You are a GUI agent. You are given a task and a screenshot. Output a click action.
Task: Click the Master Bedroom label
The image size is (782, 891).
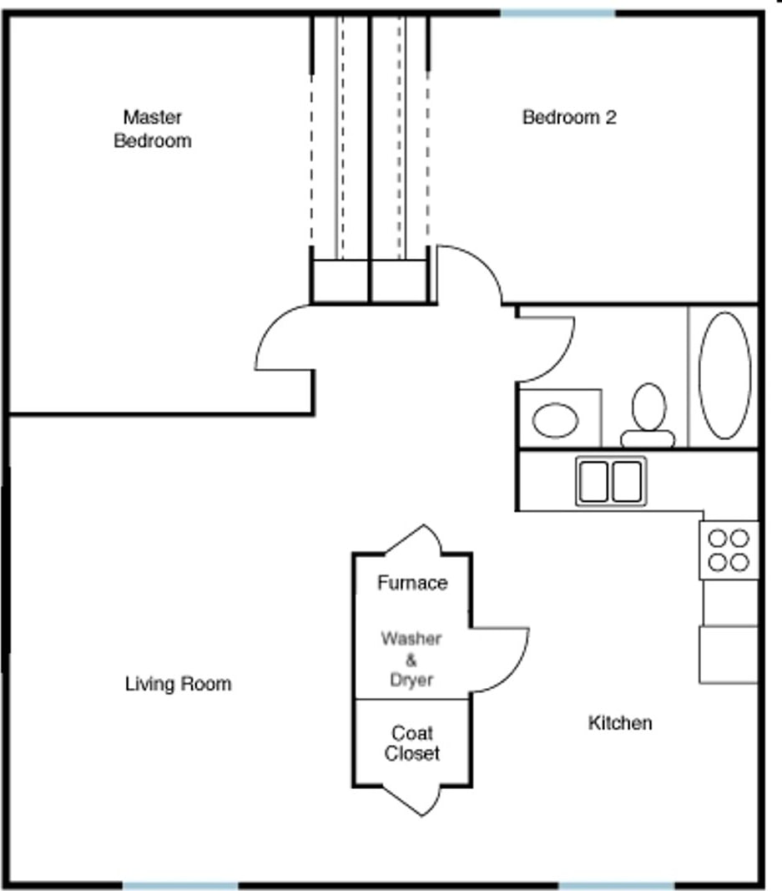(152, 129)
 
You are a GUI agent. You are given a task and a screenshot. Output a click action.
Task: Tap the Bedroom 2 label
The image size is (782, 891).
(568, 118)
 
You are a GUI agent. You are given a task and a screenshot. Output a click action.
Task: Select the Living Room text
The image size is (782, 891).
(178, 685)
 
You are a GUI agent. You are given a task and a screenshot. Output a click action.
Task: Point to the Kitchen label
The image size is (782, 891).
(620, 723)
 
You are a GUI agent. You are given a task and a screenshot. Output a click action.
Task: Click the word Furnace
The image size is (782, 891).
(412, 583)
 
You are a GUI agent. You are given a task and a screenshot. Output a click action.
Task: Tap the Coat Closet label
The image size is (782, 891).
(412, 743)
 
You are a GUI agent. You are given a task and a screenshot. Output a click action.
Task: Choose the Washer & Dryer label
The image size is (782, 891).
(411, 660)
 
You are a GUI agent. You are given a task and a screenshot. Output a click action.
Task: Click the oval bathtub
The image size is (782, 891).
(724, 375)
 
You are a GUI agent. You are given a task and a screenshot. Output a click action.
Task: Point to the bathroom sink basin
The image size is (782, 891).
(556, 419)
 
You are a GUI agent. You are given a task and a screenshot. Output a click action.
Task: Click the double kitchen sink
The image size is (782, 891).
(611, 480)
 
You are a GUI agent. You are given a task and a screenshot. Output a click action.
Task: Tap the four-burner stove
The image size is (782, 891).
(729, 550)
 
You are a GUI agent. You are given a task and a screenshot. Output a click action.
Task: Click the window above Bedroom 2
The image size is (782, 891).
(557, 13)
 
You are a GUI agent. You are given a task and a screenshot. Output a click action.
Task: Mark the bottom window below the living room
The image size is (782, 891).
(180, 883)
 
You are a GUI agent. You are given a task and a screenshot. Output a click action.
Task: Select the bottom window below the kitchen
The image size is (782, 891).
(616, 883)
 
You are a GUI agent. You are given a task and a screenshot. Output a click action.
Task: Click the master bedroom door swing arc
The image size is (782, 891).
(282, 338)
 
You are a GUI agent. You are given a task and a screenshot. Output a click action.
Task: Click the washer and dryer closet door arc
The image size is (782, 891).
(501, 660)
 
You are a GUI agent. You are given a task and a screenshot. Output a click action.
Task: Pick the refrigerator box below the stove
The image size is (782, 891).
(729, 655)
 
